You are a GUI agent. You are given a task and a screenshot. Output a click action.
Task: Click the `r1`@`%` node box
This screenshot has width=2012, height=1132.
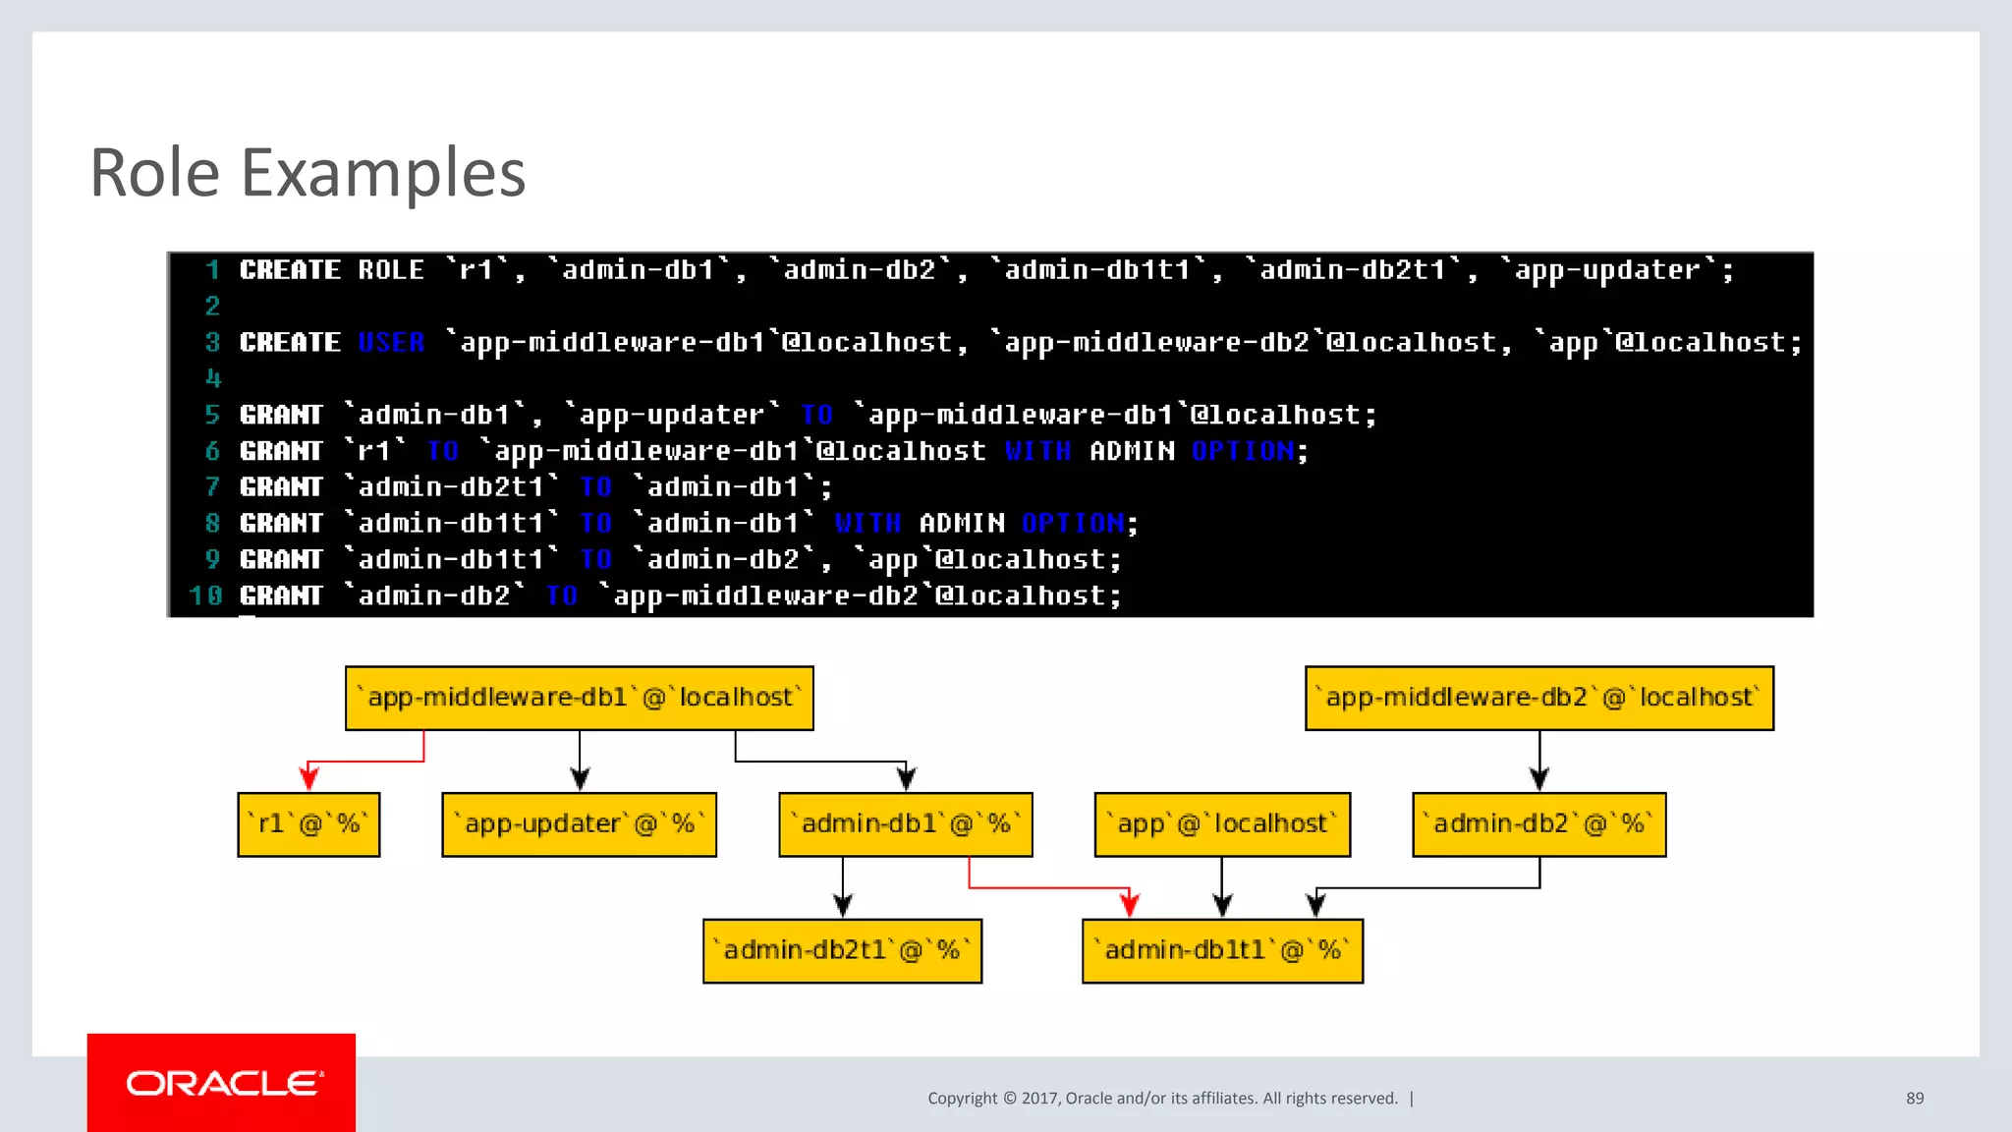[308, 824]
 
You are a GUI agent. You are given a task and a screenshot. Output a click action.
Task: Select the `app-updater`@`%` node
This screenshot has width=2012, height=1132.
[579, 824]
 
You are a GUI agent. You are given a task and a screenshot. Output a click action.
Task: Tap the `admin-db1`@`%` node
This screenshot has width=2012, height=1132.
[905, 824]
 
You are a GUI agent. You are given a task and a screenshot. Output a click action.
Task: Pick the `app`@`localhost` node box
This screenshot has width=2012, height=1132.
[1222, 824]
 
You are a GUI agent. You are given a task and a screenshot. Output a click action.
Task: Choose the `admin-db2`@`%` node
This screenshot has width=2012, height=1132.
[1538, 824]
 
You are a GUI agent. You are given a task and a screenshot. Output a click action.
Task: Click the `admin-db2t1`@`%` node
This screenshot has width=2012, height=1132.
[842, 950]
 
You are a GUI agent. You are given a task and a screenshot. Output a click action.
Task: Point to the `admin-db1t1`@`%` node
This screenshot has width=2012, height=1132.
[1222, 950]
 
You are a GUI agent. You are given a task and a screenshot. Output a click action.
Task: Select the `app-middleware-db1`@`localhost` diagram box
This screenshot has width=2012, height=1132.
[579, 698]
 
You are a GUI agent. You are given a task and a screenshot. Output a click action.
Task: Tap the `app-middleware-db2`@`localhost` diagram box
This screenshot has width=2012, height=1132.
[1538, 698]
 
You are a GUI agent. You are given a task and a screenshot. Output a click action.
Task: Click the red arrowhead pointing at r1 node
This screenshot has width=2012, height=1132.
[308, 779]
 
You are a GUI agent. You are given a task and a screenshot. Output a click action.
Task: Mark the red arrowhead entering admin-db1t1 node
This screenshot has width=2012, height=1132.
[1130, 904]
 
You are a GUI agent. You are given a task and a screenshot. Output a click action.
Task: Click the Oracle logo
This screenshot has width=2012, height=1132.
[222, 1083]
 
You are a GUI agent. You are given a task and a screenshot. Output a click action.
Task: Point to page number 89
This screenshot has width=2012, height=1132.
[1915, 1098]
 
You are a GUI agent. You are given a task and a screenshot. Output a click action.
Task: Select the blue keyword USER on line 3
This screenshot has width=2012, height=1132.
[391, 342]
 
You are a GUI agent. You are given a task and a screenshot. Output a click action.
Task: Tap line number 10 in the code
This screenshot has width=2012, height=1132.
[205, 595]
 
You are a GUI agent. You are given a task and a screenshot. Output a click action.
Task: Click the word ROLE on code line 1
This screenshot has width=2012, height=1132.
[391, 270]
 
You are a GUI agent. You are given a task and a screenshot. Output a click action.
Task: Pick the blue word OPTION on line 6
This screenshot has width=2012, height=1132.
[1244, 451]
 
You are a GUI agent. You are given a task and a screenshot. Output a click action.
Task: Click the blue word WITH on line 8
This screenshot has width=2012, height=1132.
[867, 523]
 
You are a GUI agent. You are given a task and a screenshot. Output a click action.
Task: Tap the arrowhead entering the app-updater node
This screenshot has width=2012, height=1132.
[580, 779]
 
